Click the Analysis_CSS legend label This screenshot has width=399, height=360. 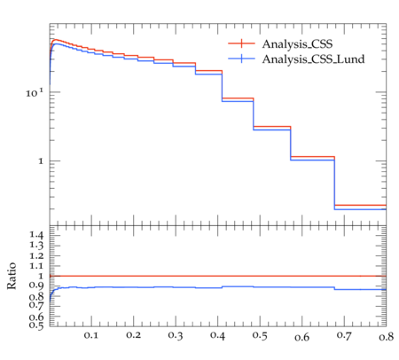click(297, 44)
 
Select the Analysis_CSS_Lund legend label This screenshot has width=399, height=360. click(313, 59)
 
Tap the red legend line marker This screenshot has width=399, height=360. click(241, 43)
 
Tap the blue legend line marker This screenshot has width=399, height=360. click(241, 59)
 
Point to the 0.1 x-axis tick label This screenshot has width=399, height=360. click(91, 335)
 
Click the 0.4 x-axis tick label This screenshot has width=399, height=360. click(217, 335)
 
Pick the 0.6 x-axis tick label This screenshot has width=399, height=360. click(302, 337)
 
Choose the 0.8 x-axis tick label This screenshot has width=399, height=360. click(387, 337)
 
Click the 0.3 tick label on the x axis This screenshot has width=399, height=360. click(176, 335)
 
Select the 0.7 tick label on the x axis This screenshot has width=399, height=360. click(344, 335)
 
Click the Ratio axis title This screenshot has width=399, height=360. click(12, 276)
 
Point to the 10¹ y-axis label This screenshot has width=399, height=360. click(35, 93)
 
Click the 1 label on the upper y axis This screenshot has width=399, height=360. click(41, 161)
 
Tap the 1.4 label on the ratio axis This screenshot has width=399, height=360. click(36, 235)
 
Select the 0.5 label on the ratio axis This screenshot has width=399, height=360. click(36, 325)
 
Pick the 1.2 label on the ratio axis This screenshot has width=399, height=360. click(36, 255)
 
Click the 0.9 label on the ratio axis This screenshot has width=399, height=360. click(36, 286)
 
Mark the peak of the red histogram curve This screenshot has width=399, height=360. click(55, 40)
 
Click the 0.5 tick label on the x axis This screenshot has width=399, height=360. click(260, 336)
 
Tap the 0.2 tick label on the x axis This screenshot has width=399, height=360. click(133, 335)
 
